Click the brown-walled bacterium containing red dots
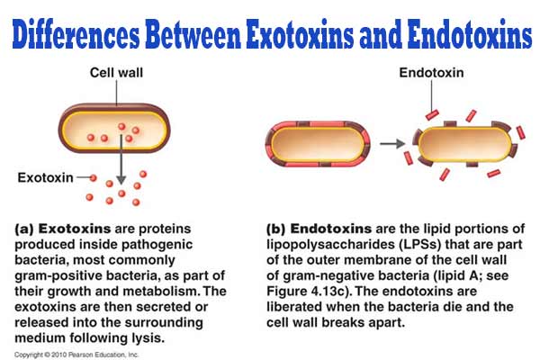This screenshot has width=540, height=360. [113, 130]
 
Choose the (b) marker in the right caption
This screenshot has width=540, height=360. [278, 229]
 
